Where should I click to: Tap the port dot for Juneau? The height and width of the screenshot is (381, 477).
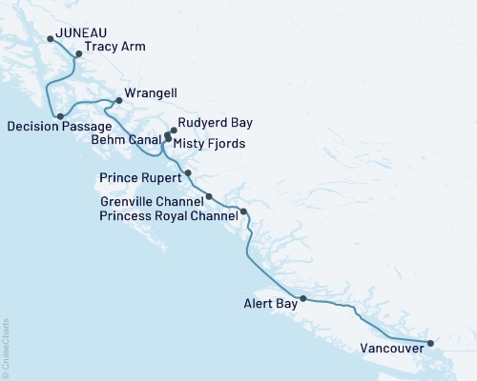click(x=51, y=39)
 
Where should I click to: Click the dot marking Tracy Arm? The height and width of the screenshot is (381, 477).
click(x=79, y=54)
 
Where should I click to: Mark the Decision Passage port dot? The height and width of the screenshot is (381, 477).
click(x=60, y=116)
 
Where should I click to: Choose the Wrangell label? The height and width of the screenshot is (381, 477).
click(x=148, y=92)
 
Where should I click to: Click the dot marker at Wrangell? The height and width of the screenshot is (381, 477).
click(x=118, y=100)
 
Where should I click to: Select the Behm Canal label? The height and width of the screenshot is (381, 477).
click(x=126, y=139)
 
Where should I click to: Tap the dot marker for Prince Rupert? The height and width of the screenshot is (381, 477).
click(x=188, y=172)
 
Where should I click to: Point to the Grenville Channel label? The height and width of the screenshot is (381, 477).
click(x=150, y=202)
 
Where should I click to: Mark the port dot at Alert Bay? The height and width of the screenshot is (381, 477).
click(x=303, y=299)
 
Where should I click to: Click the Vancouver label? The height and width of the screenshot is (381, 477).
click(x=392, y=349)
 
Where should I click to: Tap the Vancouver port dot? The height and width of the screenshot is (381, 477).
click(x=430, y=343)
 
